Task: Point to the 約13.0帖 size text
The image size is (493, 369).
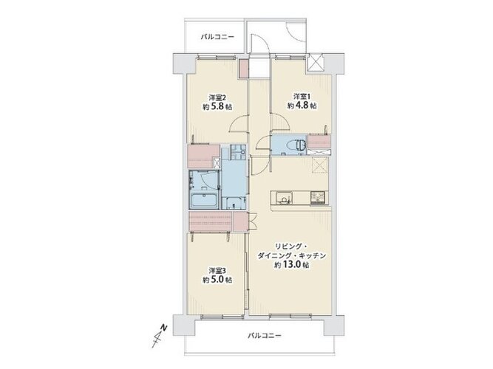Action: coord(291,265)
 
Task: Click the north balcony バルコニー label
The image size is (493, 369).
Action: coord(217,37)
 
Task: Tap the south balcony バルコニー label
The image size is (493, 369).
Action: coord(265,336)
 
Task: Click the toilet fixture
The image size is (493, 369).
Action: coord(297,145)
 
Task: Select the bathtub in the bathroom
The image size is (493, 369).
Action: coord(205,201)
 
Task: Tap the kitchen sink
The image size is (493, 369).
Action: coord(284,198)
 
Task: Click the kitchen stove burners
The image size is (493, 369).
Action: coord(319,198)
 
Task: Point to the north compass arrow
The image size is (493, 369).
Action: coord(160,335)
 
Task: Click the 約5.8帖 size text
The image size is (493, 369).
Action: coord(218,106)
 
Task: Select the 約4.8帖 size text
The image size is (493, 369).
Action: coord(302,106)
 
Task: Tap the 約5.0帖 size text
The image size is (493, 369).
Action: coord(218,280)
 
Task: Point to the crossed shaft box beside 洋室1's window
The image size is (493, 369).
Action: coord(314,62)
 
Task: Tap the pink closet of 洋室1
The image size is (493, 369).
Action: coord(319,142)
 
